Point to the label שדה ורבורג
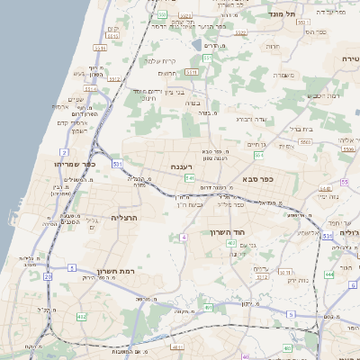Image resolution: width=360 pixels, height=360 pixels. click(253, 118)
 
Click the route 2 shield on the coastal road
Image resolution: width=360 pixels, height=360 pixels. click(64, 153)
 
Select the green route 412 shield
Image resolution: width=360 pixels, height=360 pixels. click(82, 316)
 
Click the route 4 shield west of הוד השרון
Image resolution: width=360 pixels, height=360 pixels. click(184, 237)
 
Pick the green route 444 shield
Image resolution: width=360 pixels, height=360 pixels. click(328, 274)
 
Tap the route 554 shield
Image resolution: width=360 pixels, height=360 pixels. click(258, 155)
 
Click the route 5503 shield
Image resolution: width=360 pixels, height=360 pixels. click(306, 141)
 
